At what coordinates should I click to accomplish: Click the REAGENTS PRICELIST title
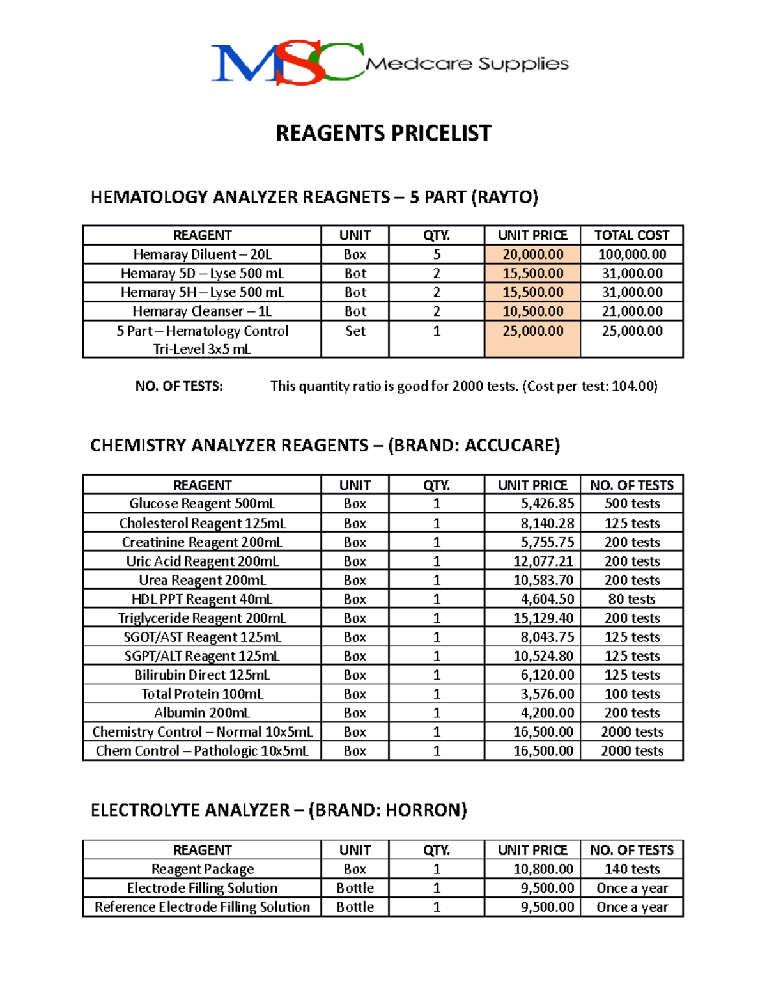tap(383, 133)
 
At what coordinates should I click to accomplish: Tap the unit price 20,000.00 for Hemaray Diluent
tap(532, 254)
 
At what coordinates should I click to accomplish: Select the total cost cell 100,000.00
tap(631, 254)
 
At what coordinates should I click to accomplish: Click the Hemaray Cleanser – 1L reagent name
tap(202, 311)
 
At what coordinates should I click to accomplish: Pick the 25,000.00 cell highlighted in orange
tap(532, 331)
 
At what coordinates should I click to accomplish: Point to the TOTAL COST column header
tap(631, 235)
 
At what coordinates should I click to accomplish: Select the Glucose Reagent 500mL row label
tap(202, 504)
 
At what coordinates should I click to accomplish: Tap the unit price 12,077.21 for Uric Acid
tap(543, 561)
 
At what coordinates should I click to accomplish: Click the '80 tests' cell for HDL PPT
tap(631, 599)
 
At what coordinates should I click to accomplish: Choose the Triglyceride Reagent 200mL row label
tap(202, 618)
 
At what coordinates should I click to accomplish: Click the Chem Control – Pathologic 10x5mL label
tap(202, 751)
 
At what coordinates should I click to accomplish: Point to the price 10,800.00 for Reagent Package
tap(543, 870)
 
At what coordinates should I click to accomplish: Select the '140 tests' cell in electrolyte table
tap(631, 870)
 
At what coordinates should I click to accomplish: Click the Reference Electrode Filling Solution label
tap(202, 907)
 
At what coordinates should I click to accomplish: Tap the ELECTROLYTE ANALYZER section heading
tap(279, 811)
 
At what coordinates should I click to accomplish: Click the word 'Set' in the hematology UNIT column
tap(355, 331)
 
